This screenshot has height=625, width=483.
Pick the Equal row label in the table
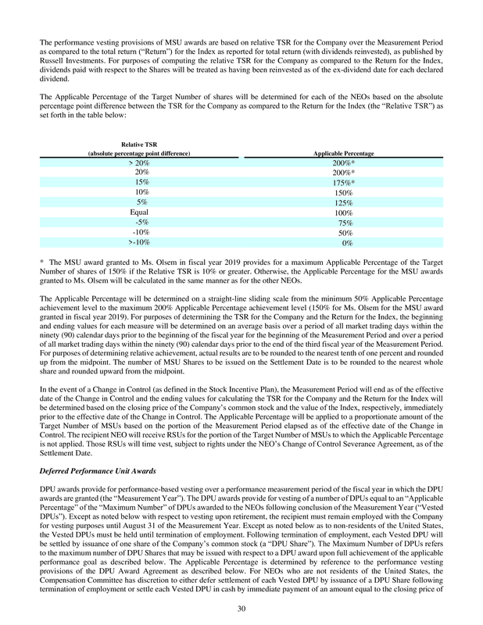pyautogui.click(x=141, y=212)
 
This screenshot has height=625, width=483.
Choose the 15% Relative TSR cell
pyautogui.click(x=142, y=182)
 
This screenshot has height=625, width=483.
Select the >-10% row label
pyautogui.click(x=141, y=243)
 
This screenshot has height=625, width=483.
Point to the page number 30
pyautogui.click(x=241, y=609)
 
